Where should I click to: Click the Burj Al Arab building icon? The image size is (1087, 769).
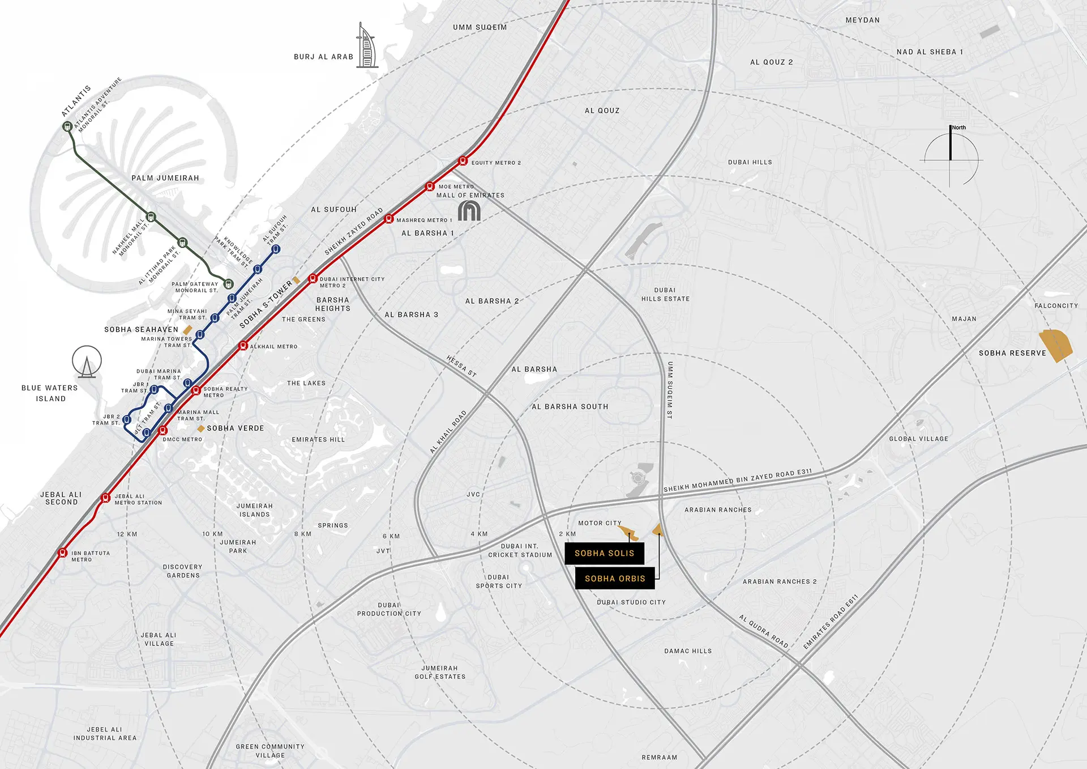click(367, 46)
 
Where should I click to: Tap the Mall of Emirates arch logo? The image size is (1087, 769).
click(469, 211)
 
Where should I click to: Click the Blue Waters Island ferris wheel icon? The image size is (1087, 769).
click(87, 362)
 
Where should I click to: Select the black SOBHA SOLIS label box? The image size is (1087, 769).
click(604, 553)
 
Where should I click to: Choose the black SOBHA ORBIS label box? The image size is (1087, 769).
click(615, 579)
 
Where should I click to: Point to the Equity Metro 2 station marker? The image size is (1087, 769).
click(463, 161)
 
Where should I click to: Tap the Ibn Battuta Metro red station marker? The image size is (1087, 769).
click(63, 553)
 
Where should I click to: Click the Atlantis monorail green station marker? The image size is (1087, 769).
click(67, 126)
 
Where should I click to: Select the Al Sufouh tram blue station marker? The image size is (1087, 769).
click(276, 249)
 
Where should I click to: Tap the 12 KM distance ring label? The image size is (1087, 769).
click(127, 534)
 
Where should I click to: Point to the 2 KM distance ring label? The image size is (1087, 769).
click(567, 534)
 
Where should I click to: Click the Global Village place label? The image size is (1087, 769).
click(918, 439)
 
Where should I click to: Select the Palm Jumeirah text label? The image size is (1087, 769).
click(165, 178)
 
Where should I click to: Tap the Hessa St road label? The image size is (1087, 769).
click(461, 366)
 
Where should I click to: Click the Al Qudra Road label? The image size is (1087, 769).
click(764, 631)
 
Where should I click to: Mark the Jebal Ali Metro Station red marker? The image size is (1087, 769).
click(105, 498)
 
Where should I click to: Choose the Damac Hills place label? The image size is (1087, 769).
click(688, 651)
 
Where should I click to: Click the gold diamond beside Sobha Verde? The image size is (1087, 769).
click(200, 428)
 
